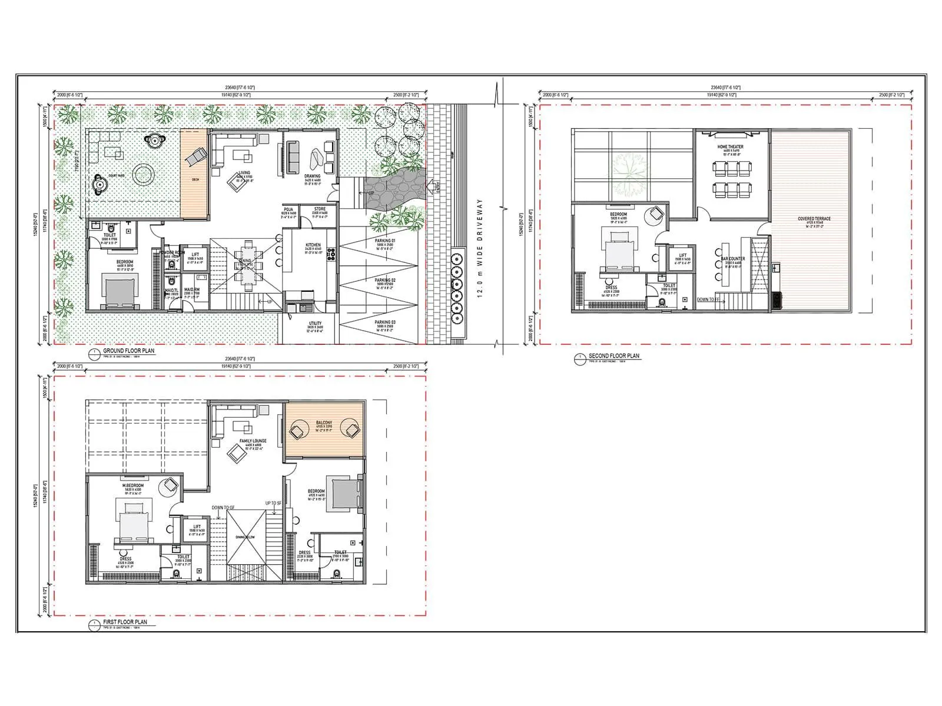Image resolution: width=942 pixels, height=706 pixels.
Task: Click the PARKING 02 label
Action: tap(385, 281)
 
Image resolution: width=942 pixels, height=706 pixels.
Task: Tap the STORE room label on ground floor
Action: tap(320, 209)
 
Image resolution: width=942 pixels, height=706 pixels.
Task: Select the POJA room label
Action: tap(288, 209)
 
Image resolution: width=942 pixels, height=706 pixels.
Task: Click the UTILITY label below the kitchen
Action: tap(315, 323)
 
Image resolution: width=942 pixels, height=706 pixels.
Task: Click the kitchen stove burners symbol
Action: tap(331, 254)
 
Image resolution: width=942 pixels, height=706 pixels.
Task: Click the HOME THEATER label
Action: tap(730, 146)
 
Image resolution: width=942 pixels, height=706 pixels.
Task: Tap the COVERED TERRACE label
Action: tap(814, 219)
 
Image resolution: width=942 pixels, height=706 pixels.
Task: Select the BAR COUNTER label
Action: tap(733, 259)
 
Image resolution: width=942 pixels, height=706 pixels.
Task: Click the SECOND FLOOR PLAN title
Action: tap(613, 356)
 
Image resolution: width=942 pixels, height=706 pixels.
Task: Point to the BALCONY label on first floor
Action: tap(324, 423)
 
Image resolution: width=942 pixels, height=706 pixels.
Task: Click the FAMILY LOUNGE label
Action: tap(253, 441)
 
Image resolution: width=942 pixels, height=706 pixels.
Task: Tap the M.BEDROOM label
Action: tap(132, 486)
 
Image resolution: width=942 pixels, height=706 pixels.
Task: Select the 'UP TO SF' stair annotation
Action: tap(274, 503)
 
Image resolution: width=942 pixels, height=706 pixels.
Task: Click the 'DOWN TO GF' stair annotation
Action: tap(224, 507)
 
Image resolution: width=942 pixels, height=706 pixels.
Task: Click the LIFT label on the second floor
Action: tap(682, 255)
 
